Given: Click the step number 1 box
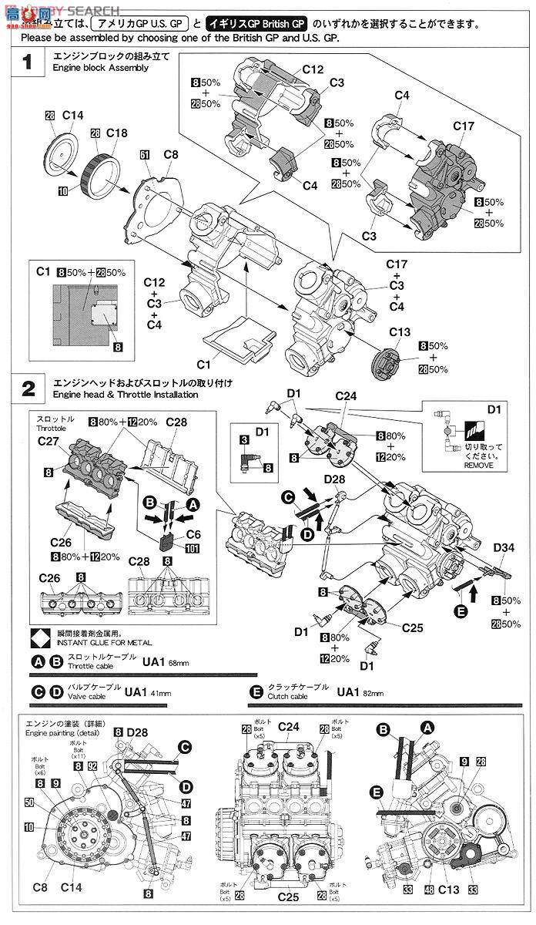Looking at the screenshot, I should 28,62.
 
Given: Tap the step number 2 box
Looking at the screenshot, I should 28,388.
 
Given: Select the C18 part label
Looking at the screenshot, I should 117,133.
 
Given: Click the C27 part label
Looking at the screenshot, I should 49,442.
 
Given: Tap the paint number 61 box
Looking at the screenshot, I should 145,154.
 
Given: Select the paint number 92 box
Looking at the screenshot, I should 92,765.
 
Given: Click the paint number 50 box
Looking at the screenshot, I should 29,802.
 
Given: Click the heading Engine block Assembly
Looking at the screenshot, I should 96,68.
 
